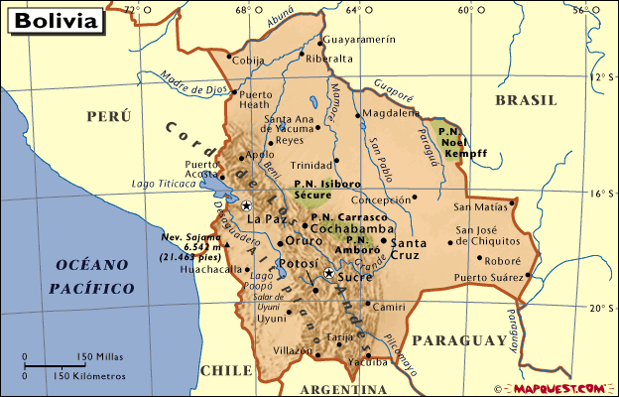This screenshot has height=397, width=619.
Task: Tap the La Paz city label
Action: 266,219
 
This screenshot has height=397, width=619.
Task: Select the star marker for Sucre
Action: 328,272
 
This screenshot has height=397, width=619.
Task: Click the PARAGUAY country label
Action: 459,341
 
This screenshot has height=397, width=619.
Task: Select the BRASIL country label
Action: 527,100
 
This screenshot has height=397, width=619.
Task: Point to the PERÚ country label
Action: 108,116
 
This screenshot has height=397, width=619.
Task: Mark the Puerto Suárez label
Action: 487,277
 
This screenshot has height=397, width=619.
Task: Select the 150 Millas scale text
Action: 96,356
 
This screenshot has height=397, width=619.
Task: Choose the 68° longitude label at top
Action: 242,10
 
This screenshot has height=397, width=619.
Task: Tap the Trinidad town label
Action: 309,166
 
